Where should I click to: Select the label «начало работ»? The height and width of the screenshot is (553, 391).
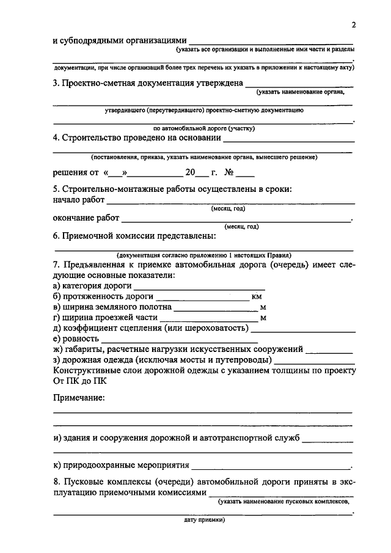pyautogui.click(x=79, y=200)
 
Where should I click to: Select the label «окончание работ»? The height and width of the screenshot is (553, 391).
pyautogui.click(x=85, y=219)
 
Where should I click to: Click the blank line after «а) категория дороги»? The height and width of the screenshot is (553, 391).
pyautogui.click(x=199, y=286)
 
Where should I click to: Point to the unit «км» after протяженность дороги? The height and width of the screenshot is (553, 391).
pyautogui.click(x=257, y=296)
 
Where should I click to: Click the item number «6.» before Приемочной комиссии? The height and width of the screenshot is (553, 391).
pyautogui.click(x=57, y=236)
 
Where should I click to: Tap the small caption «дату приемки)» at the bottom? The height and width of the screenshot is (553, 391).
pyautogui.click(x=204, y=521)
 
